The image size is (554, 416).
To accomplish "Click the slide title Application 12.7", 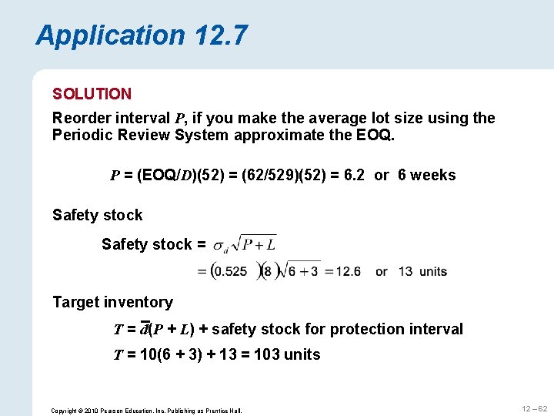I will pyautogui.click(x=142, y=35).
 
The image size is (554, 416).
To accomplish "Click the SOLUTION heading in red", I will pyautogui.click(x=92, y=94).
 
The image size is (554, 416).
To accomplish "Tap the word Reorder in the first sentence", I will pyautogui.click(x=82, y=118).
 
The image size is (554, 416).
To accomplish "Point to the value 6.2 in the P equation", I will pyautogui.click(x=356, y=175).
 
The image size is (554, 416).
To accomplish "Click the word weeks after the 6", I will pyautogui.click(x=433, y=175).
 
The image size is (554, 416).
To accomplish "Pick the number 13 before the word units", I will pyautogui.click(x=406, y=272).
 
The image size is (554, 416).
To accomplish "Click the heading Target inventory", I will pyautogui.click(x=112, y=302).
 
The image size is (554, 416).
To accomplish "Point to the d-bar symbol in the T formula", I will pyautogui.click(x=144, y=329).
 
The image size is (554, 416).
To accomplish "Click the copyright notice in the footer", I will pyautogui.click(x=146, y=411).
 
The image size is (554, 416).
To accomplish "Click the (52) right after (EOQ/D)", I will pyautogui.click(x=206, y=175).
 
